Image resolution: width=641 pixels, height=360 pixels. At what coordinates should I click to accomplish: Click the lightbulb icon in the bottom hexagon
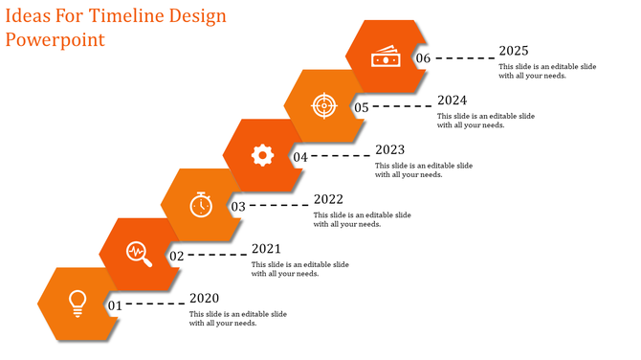coord(77,302)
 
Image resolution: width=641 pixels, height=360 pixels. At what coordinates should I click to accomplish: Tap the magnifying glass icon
coord(140,253)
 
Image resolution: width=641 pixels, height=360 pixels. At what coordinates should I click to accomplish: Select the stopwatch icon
coord(200,204)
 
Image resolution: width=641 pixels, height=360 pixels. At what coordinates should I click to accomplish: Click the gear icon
coord(263,155)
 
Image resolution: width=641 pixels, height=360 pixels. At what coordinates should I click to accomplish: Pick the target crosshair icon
coord(324,105)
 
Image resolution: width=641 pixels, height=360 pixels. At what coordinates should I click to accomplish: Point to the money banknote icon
coord(386,57)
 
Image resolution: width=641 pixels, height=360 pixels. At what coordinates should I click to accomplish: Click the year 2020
coord(205,298)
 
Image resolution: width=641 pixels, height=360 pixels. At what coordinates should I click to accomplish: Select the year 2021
coord(266,248)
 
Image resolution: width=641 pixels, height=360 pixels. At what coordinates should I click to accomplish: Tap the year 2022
coord(328,199)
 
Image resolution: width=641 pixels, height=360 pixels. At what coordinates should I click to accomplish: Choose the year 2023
coord(390,149)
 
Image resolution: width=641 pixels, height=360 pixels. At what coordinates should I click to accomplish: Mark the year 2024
coord(452,100)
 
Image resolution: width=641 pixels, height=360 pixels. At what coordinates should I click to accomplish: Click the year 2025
coord(514,51)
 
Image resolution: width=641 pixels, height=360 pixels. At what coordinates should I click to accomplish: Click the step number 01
coord(114,305)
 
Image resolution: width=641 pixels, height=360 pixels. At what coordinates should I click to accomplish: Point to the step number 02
coord(176,257)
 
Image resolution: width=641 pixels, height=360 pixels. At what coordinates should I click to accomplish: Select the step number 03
coord(238,206)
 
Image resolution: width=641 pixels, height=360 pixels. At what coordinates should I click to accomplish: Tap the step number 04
coord(300,157)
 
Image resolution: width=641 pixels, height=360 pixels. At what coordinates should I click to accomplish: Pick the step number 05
coord(362,107)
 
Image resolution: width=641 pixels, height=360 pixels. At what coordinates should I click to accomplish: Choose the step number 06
coord(424,58)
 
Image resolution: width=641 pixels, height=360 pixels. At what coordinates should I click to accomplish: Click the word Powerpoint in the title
coord(55,40)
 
